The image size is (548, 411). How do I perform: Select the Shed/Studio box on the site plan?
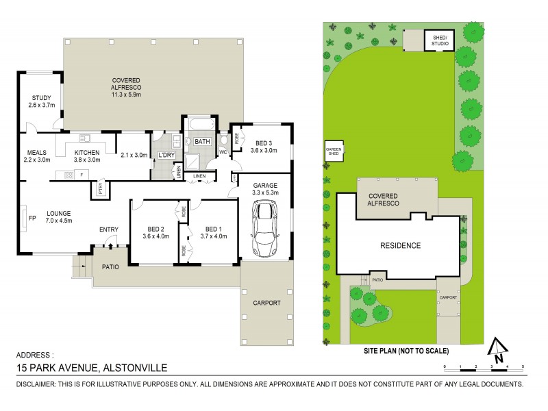[x=438, y=40]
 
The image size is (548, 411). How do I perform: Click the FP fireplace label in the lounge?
[x=23, y=219]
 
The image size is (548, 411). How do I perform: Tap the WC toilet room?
[x=223, y=151]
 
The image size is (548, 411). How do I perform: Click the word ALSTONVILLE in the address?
[x=134, y=368]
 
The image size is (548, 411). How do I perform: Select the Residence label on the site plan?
[x=401, y=245]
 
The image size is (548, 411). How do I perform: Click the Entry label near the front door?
[x=108, y=229]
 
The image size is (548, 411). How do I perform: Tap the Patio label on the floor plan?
[x=110, y=266]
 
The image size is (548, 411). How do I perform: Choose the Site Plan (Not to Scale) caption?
[x=408, y=351]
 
